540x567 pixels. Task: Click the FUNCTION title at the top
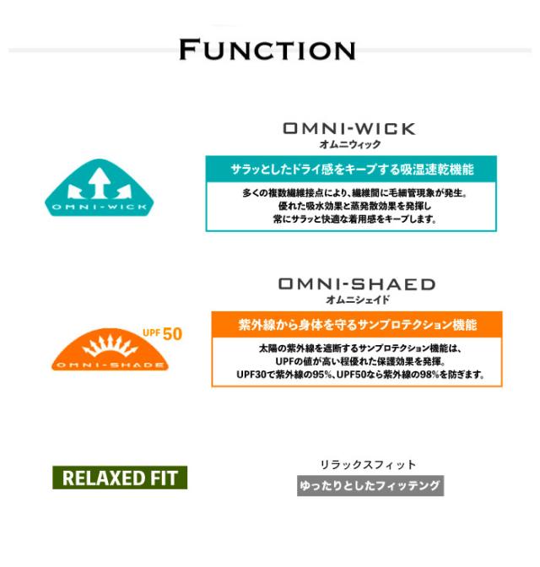[267, 50]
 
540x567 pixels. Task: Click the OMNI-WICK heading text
[349, 129]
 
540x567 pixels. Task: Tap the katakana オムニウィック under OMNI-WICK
[350, 144]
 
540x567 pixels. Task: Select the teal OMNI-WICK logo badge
[100, 187]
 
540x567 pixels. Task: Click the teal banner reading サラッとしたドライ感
[351, 170]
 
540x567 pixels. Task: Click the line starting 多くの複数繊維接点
[354, 193]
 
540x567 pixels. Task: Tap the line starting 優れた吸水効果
[354, 206]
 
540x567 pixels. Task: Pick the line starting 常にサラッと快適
[354, 219]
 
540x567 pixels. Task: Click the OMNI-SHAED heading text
[357, 284]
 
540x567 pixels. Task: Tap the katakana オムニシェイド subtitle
[358, 300]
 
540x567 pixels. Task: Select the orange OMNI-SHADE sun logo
[110, 349]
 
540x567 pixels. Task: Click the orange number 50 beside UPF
[172, 334]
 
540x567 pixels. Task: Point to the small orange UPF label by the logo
[152, 332]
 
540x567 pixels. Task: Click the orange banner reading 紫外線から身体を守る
[357, 325]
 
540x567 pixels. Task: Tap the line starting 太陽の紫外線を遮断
[360, 348]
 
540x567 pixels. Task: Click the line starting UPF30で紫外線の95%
[360, 375]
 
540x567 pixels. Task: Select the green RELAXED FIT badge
[120, 478]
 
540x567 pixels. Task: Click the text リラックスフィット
[368, 465]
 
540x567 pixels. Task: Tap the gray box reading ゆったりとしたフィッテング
[370, 486]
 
